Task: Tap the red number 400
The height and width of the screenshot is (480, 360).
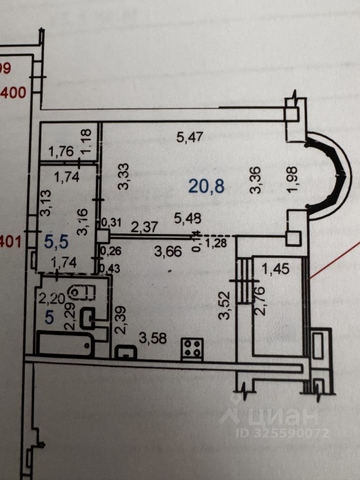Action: pyautogui.click(x=15, y=92)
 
